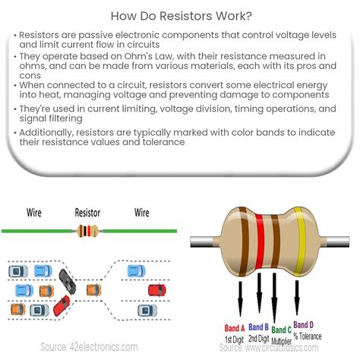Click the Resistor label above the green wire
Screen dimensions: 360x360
87,213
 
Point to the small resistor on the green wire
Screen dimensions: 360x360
87,231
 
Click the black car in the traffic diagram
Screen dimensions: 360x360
67,282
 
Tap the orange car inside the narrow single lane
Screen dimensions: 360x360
93,290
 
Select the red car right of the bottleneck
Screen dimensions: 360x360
157,290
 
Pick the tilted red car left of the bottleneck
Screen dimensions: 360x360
62,305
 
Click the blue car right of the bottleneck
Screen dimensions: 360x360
137,271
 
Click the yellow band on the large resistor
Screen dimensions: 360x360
300,242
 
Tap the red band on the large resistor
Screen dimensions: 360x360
260,242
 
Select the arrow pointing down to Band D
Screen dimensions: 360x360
297,298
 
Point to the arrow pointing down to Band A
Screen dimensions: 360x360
240,298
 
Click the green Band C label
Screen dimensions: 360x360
281,330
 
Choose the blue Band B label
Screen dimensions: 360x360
258,327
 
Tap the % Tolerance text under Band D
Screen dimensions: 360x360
308,336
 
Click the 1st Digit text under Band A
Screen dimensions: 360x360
234,339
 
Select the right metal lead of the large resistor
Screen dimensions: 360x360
336,242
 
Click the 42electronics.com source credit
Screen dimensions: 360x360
89,347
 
